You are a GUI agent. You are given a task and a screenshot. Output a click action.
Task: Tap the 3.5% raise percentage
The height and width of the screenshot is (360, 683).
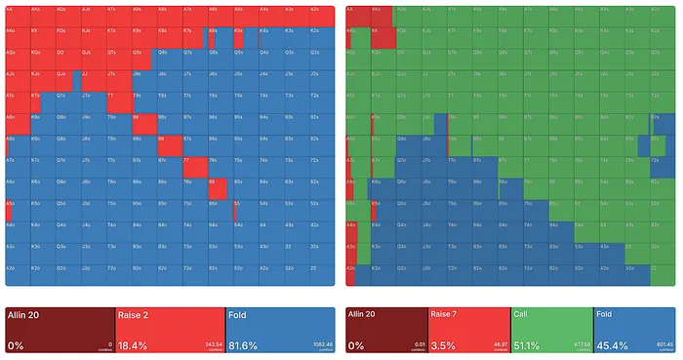pyautogui.click(x=445, y=344)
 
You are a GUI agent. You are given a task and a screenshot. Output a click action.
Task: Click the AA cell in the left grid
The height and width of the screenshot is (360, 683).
pyautogui.click(x=18, y=16)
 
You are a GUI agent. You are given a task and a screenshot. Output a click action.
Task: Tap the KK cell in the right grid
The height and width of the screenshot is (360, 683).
pyautogui.click(x=383, y=37)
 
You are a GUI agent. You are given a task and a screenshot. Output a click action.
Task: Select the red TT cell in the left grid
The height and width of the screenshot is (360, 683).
pyautogui.click(x=119, y=101)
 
